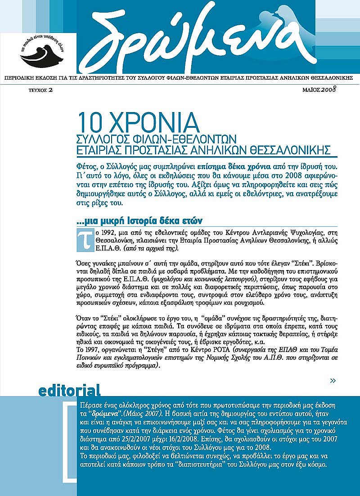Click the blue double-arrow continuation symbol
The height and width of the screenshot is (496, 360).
[x=333, y=381]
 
